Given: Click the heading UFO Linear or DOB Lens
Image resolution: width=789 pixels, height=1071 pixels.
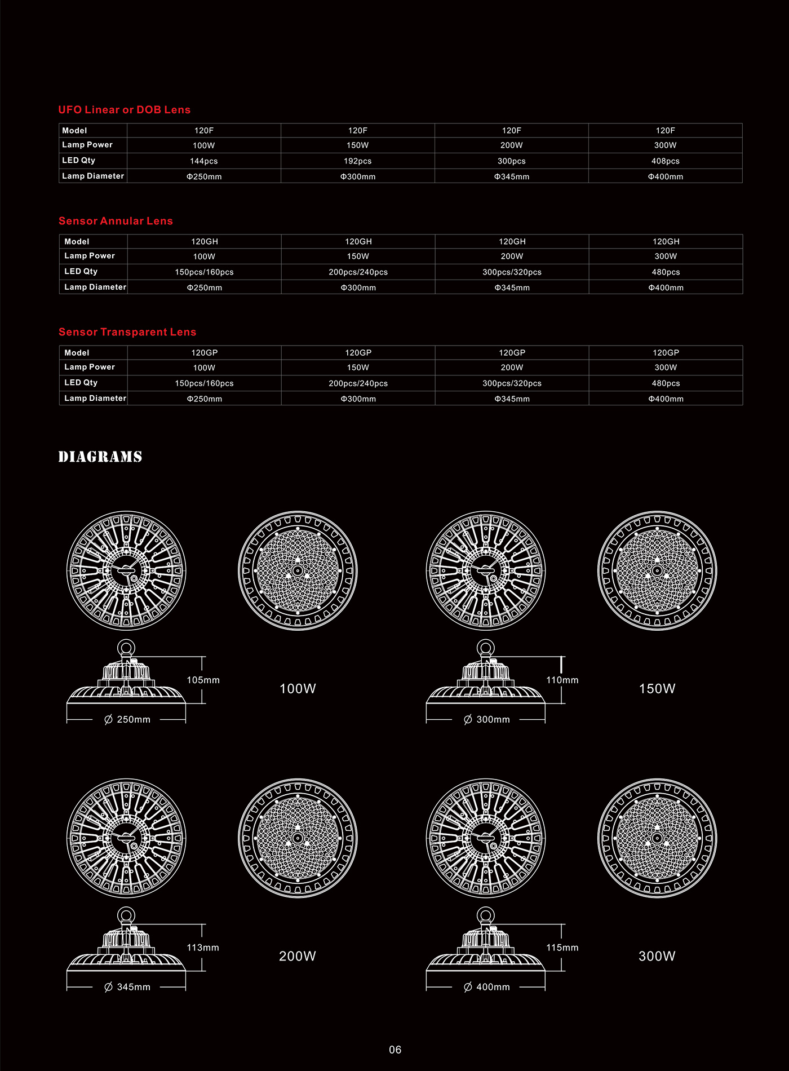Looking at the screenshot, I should tap(125, 110).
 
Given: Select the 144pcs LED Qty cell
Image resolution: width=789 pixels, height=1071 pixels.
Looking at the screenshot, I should tap(203, 161).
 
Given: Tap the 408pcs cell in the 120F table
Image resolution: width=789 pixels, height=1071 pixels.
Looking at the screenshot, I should tap(665, 161).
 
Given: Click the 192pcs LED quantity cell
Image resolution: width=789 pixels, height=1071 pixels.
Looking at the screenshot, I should tap(357, 161).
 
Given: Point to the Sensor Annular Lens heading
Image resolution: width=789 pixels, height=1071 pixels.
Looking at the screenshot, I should tap(116, 221).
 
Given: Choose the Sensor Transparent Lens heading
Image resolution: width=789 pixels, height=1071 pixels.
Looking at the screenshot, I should tap(127, 332).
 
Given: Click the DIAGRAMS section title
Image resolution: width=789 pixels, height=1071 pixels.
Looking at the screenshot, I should tap(100, 457).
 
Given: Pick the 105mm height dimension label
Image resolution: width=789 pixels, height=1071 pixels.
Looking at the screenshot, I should tap(203, 680).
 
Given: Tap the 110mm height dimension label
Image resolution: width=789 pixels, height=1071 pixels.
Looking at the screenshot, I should tap(562, 680).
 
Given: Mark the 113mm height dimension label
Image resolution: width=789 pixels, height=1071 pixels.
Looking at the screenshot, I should tap(203, 948).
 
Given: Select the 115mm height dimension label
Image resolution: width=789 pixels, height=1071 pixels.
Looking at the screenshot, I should tap(562, 948).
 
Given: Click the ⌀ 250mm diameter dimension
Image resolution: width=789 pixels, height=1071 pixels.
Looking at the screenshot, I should tap(127, 720).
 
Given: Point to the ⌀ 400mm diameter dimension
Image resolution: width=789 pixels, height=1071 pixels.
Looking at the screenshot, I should tap(486, 987).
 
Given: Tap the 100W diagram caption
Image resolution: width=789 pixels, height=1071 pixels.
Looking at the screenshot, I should tap(298, 689).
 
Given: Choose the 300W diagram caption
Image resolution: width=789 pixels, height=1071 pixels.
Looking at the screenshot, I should tap(657, 956).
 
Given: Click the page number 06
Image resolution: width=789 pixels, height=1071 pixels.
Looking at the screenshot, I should tap(395, 1050).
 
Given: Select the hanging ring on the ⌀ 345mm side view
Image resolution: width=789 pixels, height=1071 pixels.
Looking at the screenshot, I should tap(126, 914).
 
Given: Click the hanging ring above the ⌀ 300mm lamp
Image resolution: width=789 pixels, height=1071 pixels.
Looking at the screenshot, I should tap(485, 647).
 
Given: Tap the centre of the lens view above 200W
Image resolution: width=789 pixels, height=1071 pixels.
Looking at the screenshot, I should tap(298, 838).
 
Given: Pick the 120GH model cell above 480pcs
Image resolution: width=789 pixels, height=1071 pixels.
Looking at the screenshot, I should tap(666, 242).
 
